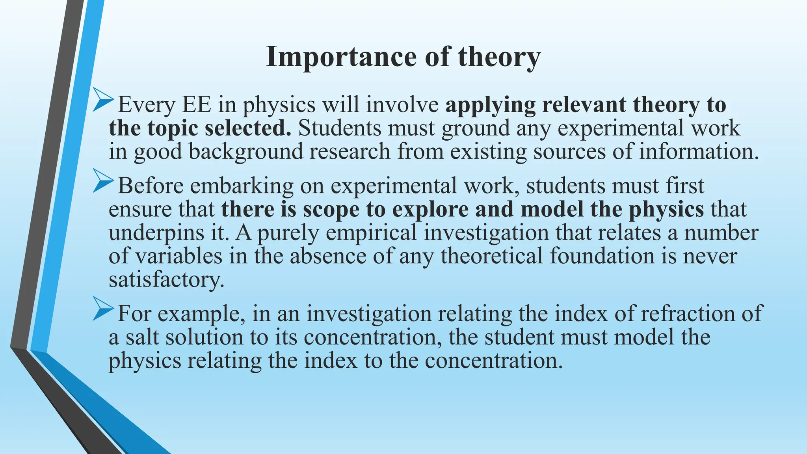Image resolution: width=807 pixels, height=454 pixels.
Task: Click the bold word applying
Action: [x=490, y=105]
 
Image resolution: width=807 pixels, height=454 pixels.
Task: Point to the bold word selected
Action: [x=248, y=128]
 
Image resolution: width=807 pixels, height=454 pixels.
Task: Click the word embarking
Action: [x=242, y=186]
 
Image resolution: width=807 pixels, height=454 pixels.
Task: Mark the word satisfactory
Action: [x=165, y=279]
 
